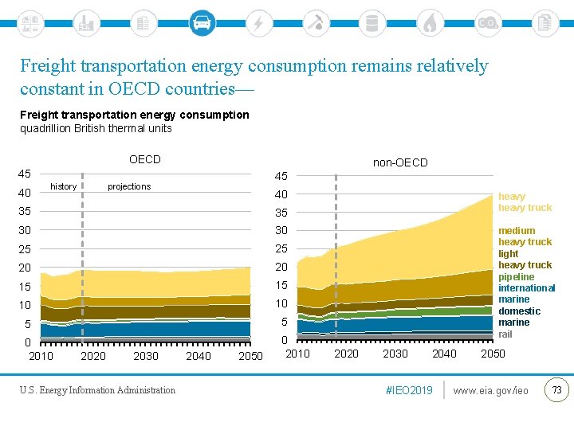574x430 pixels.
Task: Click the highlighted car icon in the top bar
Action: tap(202, 22)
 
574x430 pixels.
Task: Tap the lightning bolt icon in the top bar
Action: tap(258, 22)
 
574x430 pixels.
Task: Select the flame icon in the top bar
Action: tap(430, 22)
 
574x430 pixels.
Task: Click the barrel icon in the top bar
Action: tap(372, 22)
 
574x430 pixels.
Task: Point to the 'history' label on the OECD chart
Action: tap(64, 186)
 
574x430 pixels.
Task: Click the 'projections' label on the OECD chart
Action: tap(129, 186)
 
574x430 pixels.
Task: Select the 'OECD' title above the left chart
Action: tap(144, 159)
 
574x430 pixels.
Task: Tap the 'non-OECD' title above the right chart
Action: tap(400, 162)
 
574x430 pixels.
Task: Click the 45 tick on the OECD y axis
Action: tap(25, 174)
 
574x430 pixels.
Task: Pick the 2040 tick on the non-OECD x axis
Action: tap(444, 354)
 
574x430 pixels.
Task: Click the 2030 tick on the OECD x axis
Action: tap(146, 355)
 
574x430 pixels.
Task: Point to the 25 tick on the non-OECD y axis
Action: tap(281, 248)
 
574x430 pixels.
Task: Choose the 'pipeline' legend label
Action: tap(517, 276)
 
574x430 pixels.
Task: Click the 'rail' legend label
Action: tap(505, 334)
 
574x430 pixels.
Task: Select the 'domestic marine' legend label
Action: tap(519, 316)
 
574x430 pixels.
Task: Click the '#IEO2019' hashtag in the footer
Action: tap(408, 390)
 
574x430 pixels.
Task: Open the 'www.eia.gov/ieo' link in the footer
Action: tap(490, 390)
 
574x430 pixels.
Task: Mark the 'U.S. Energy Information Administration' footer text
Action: tap(98, 390)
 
